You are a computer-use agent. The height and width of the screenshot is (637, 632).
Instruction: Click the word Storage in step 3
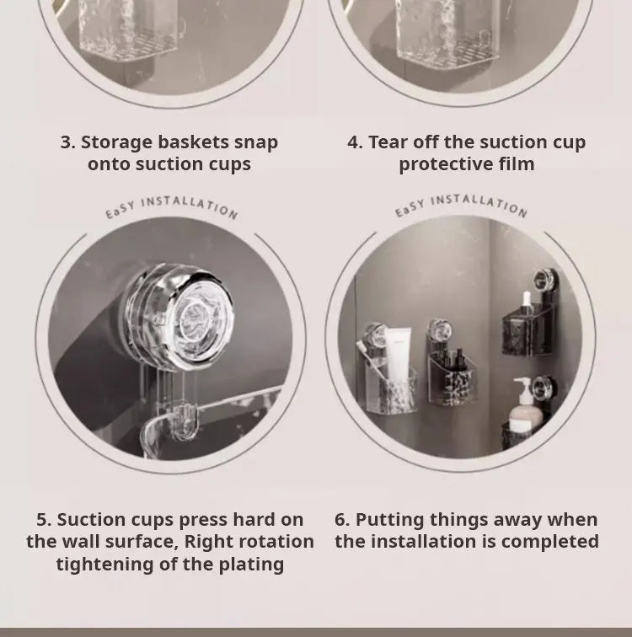[115, 143]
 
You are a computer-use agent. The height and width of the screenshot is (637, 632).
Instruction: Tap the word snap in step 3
[256, 143]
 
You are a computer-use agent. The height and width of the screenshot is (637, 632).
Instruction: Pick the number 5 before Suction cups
[41, 520]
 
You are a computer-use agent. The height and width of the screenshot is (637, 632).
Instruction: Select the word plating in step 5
[251, 565]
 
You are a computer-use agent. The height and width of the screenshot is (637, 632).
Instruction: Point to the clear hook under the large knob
[184, 420]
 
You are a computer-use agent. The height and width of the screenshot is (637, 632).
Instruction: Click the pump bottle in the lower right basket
[524, 406]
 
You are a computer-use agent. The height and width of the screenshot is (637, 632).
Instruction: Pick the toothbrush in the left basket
[369, 360]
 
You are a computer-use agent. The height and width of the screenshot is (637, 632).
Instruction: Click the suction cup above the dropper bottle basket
[542, 280]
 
